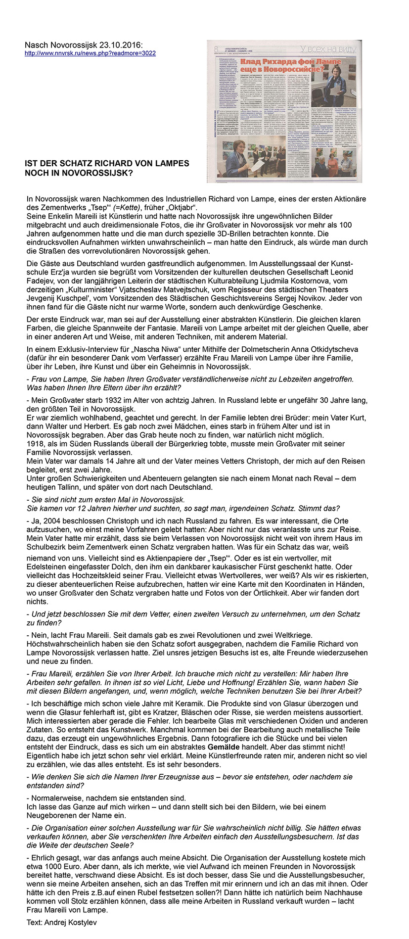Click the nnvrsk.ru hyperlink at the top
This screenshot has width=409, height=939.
(90, 53)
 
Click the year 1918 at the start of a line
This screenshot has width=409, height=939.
(36, 443)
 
